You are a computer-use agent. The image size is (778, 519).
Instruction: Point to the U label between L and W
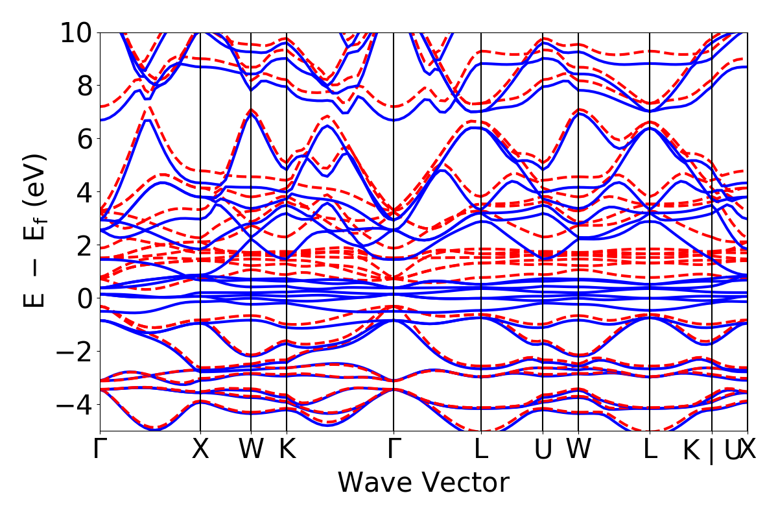543,450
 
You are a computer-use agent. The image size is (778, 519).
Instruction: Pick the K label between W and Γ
287,450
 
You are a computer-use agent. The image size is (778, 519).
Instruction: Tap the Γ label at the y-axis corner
100,450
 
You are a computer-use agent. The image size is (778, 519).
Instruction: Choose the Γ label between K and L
394,450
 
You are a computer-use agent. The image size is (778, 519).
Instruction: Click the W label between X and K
251,450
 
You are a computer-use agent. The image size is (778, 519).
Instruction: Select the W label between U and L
578,450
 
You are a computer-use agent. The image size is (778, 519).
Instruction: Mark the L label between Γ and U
480,450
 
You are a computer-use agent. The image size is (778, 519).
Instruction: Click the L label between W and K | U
650,450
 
